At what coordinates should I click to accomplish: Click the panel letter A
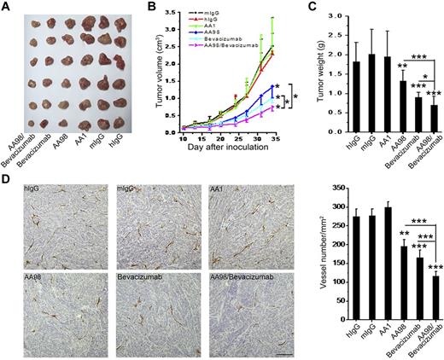coord(7,8)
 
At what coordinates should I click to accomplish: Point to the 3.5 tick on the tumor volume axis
coord(173,14)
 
